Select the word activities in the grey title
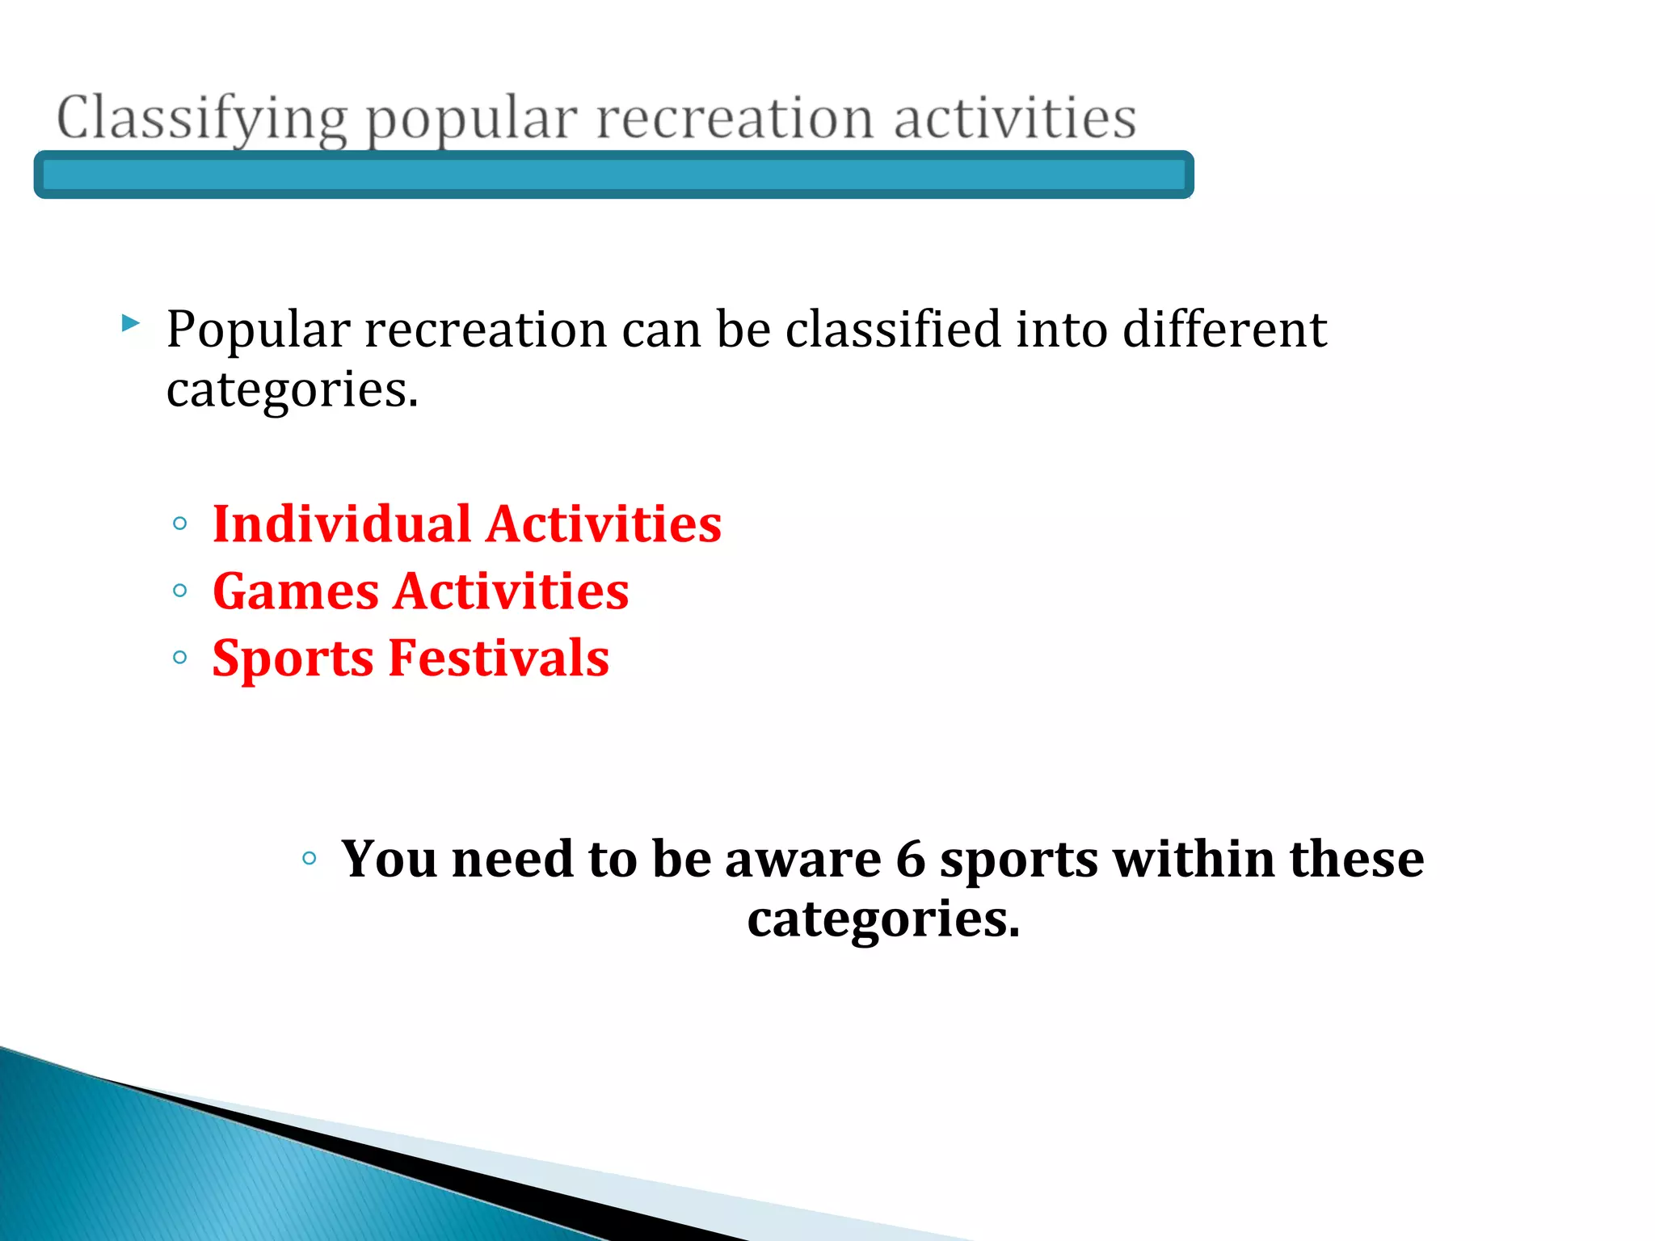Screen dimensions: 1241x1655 point(1015,118)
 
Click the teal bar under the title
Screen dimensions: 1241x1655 point(614,175)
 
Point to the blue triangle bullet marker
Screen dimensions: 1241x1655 point(130,324)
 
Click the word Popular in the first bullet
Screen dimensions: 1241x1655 point(258,330)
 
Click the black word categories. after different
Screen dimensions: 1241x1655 point(292,389)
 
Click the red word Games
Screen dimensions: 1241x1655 point(296,591)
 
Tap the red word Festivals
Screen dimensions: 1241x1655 point(499,658)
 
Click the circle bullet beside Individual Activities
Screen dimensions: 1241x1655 point(180,524)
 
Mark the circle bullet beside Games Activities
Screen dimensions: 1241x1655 point(180,591)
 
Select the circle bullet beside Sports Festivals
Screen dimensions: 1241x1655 point(180,658)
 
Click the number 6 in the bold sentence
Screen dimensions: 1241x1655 point(910,859)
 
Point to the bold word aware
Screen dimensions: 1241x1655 point(802,859)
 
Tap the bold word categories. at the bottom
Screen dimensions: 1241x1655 point(883,919)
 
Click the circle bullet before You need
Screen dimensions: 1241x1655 point(309,858)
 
